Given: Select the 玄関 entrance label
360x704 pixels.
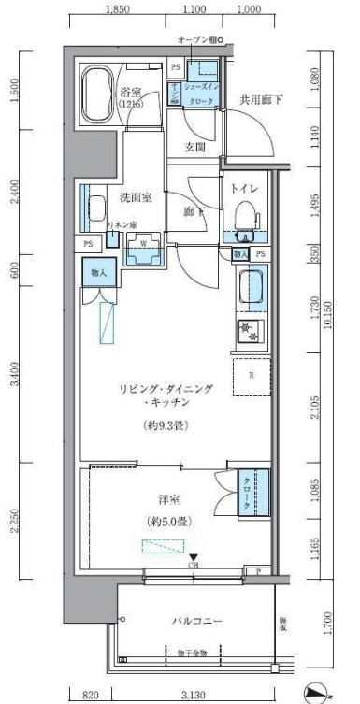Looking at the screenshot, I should click(194, 147).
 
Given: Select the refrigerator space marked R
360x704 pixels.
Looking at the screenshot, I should click(252, 376).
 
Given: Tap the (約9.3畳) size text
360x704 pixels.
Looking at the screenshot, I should click(166, 423).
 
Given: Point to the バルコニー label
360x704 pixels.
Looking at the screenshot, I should click(194, 620).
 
